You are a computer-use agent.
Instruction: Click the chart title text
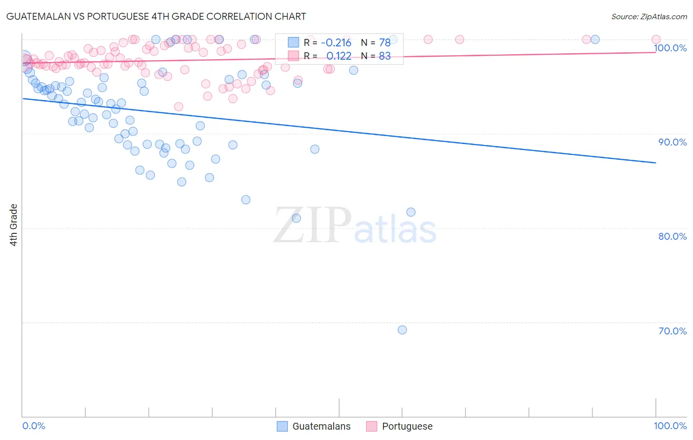tap(156, 16)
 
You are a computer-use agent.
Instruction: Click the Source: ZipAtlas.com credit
tap(649, 16)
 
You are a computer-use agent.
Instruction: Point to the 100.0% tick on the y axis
tap(670, 48)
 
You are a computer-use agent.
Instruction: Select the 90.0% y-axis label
tap(672, 142)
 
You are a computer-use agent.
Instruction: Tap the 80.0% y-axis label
tap(672, 236)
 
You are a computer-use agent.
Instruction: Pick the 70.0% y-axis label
tap(672, 331)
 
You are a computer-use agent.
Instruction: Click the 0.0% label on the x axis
tap(34, 426)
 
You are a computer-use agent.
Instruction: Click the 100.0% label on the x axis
tap(670, 426)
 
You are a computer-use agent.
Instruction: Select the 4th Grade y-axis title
tap(14, 225)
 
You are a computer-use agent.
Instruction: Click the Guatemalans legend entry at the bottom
tap(314, 426)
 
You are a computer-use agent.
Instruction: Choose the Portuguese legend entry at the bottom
tap(399, 426)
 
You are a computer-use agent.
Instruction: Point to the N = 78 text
tap(376, 42)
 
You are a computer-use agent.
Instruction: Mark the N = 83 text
tap(376, 56)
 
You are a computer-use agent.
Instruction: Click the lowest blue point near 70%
tap(402, 330)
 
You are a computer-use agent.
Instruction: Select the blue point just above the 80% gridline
tap(411, 212)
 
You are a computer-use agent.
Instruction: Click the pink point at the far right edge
tap(656, 39)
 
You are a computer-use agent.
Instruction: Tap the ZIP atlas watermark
tap(355, 226)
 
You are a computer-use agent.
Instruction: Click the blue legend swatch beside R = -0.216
tap(294, 42)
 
